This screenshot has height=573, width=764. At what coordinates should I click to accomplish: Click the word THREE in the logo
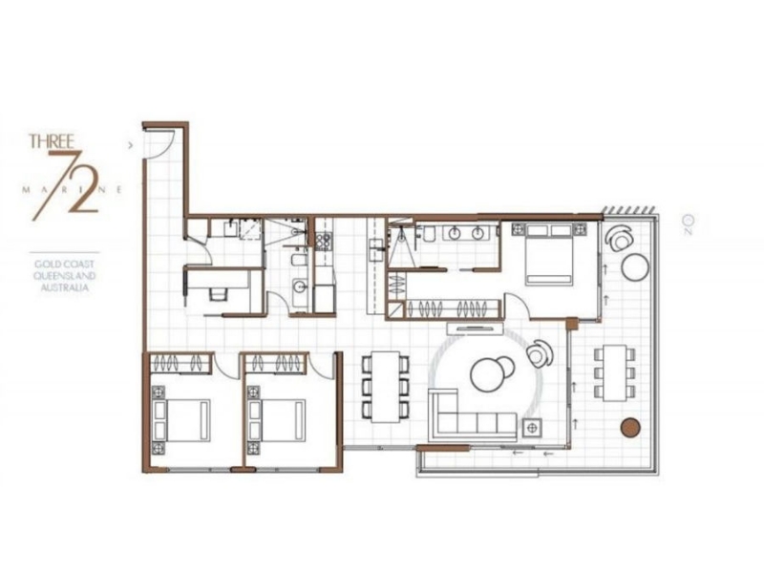tap(52, 141)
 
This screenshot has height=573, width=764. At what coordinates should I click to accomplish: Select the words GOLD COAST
tap(64, 265)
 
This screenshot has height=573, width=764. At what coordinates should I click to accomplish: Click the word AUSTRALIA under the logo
tap(65, 287)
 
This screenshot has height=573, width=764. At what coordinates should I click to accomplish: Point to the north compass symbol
tap(688, 223)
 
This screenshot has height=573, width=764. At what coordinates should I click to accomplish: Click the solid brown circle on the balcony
tap(629, 427)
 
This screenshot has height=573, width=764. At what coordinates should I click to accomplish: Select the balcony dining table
tap(614, 372)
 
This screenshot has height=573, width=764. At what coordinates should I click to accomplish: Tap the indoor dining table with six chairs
tap(386, 387)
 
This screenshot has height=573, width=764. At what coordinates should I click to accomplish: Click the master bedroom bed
tap(548, 253)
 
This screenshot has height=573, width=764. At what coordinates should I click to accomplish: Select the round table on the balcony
tap(635, 267)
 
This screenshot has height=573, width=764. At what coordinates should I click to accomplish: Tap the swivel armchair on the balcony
tap(618, 238)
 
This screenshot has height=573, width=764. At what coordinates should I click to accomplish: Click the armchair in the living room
tap(540, 352)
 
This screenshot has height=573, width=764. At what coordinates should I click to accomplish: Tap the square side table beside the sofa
tap(532, 427)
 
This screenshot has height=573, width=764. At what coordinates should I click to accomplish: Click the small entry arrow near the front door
tap(130, 145)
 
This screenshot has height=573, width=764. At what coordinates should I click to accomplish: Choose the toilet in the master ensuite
tap(429, 235)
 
